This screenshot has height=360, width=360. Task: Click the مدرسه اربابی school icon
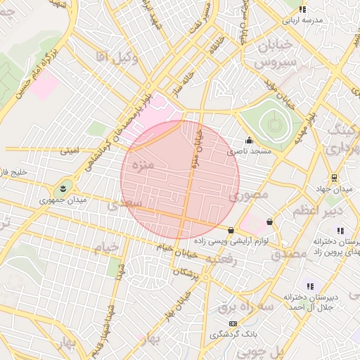click(x=302, y=9)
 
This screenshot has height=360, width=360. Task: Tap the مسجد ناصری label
click(x=245, y=151)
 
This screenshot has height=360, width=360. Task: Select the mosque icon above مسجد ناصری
click(x=248, y=139)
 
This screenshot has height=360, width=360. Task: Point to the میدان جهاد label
click(x=333, y=188)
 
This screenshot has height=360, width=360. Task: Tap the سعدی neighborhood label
click(x=126, y=203)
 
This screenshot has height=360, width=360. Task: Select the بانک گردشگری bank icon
click(x=233, y=323)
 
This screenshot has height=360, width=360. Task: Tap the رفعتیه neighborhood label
click(x=223, y=259)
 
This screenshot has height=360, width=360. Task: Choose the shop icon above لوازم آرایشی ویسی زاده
click(x=231, y=230)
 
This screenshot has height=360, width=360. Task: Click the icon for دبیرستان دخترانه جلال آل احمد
click(x=310, y=286)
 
